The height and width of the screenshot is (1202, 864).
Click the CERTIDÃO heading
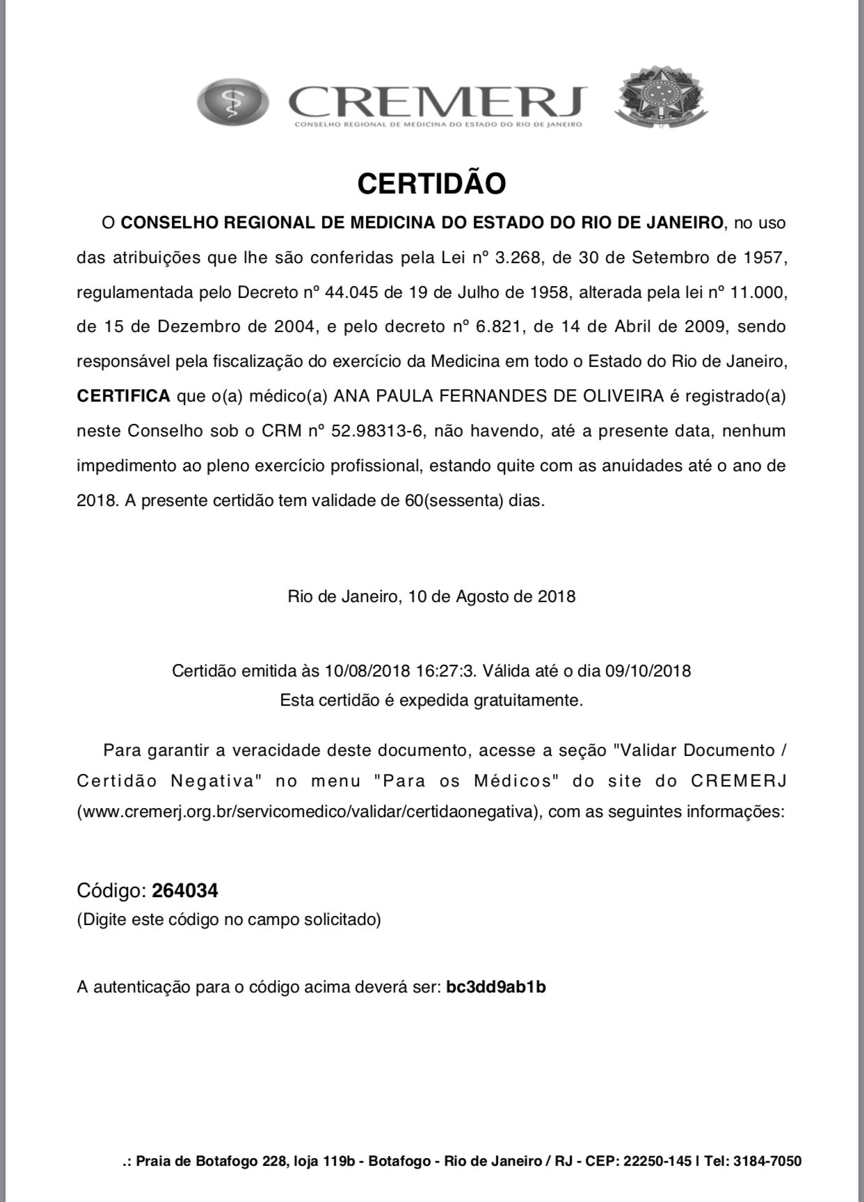coord(431,184)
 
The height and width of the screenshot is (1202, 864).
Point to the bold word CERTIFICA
coord(123,396)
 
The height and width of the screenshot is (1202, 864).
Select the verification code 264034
coord(185,890)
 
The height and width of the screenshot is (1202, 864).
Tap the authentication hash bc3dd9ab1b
coord(496,987)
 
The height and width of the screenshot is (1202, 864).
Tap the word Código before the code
coord(111,890)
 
